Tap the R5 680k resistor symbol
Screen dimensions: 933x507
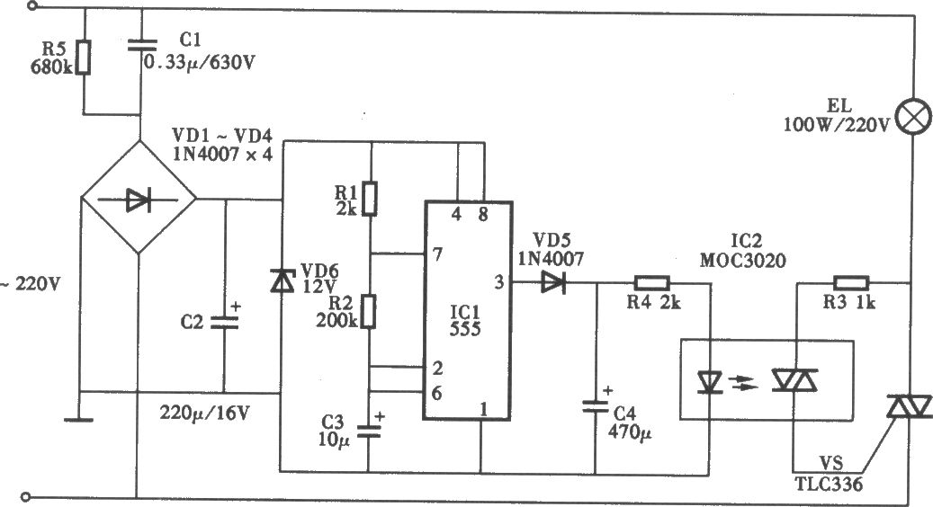[x=84, y=57]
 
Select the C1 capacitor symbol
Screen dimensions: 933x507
[x=141, y=45]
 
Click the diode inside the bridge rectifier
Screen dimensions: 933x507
[x=138, y=200]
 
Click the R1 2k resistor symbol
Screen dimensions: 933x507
[x=370, y=199]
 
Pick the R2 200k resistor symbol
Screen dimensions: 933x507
[x=370, y=311]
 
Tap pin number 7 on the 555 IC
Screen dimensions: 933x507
[x=437, y=254]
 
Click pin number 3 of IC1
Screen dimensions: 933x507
[x=498, y=282]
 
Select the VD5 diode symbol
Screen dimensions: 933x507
[x=552, y=282]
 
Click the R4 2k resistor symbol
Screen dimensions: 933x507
[x=652, y=283]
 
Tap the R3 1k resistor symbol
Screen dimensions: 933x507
[x=851, y=282]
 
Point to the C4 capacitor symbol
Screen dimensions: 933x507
[x=595, y=406]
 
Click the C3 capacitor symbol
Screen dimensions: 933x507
[x=369, y=431]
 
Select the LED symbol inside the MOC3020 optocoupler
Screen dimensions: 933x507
[x=709, y=382]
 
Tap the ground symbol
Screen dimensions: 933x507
[x=78, y=420]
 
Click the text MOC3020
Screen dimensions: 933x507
[x=742, y=261]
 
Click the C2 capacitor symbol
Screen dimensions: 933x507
[x=225, y=323]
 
